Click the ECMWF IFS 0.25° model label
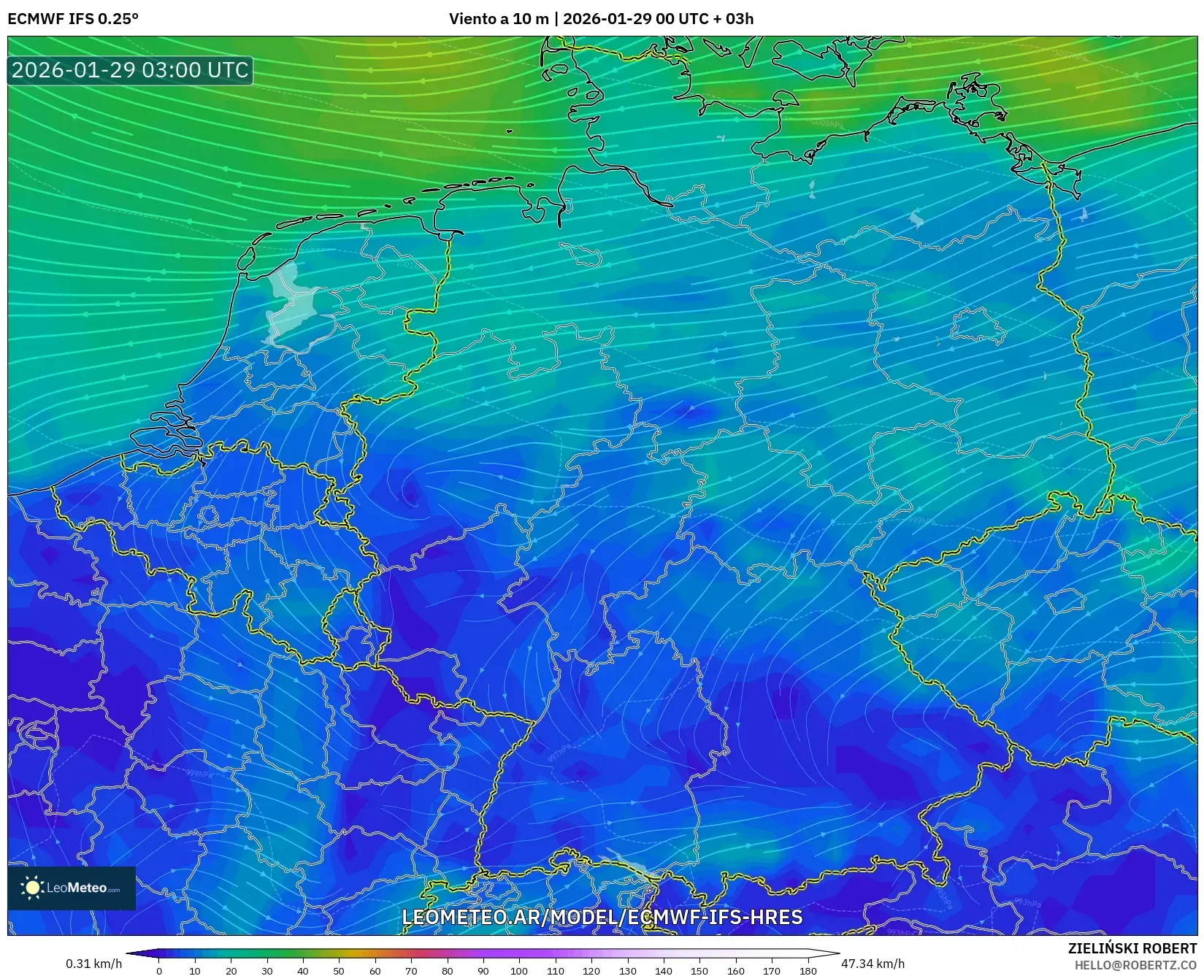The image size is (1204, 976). click(73, 19)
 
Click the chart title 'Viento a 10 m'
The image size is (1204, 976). click(499, 19)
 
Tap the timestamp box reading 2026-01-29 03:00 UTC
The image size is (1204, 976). click(130, 70)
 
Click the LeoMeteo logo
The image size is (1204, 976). click(72, 888)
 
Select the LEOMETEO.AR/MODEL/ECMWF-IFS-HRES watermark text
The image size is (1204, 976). click(602, 917)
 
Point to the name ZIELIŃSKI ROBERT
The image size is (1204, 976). click(1132, 948)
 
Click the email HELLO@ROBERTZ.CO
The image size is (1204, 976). click(1135, 965)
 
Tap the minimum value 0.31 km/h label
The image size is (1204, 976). click(94, 964)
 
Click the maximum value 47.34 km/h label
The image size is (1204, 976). click(873, 964)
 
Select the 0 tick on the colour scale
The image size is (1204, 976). click(159, 971)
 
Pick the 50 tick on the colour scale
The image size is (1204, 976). click(339, 971)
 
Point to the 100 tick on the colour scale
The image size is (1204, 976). click(519, 971)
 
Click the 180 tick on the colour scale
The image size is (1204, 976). click(808, 971)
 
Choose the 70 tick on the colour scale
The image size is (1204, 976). click(411, 971)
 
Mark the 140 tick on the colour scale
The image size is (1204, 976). click(664, 971)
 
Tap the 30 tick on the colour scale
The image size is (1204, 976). click(267, 971)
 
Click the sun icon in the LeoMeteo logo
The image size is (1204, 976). click(33, 888)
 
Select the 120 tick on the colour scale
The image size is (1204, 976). click(591, 971)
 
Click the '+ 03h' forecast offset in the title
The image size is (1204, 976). click(733, 19)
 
